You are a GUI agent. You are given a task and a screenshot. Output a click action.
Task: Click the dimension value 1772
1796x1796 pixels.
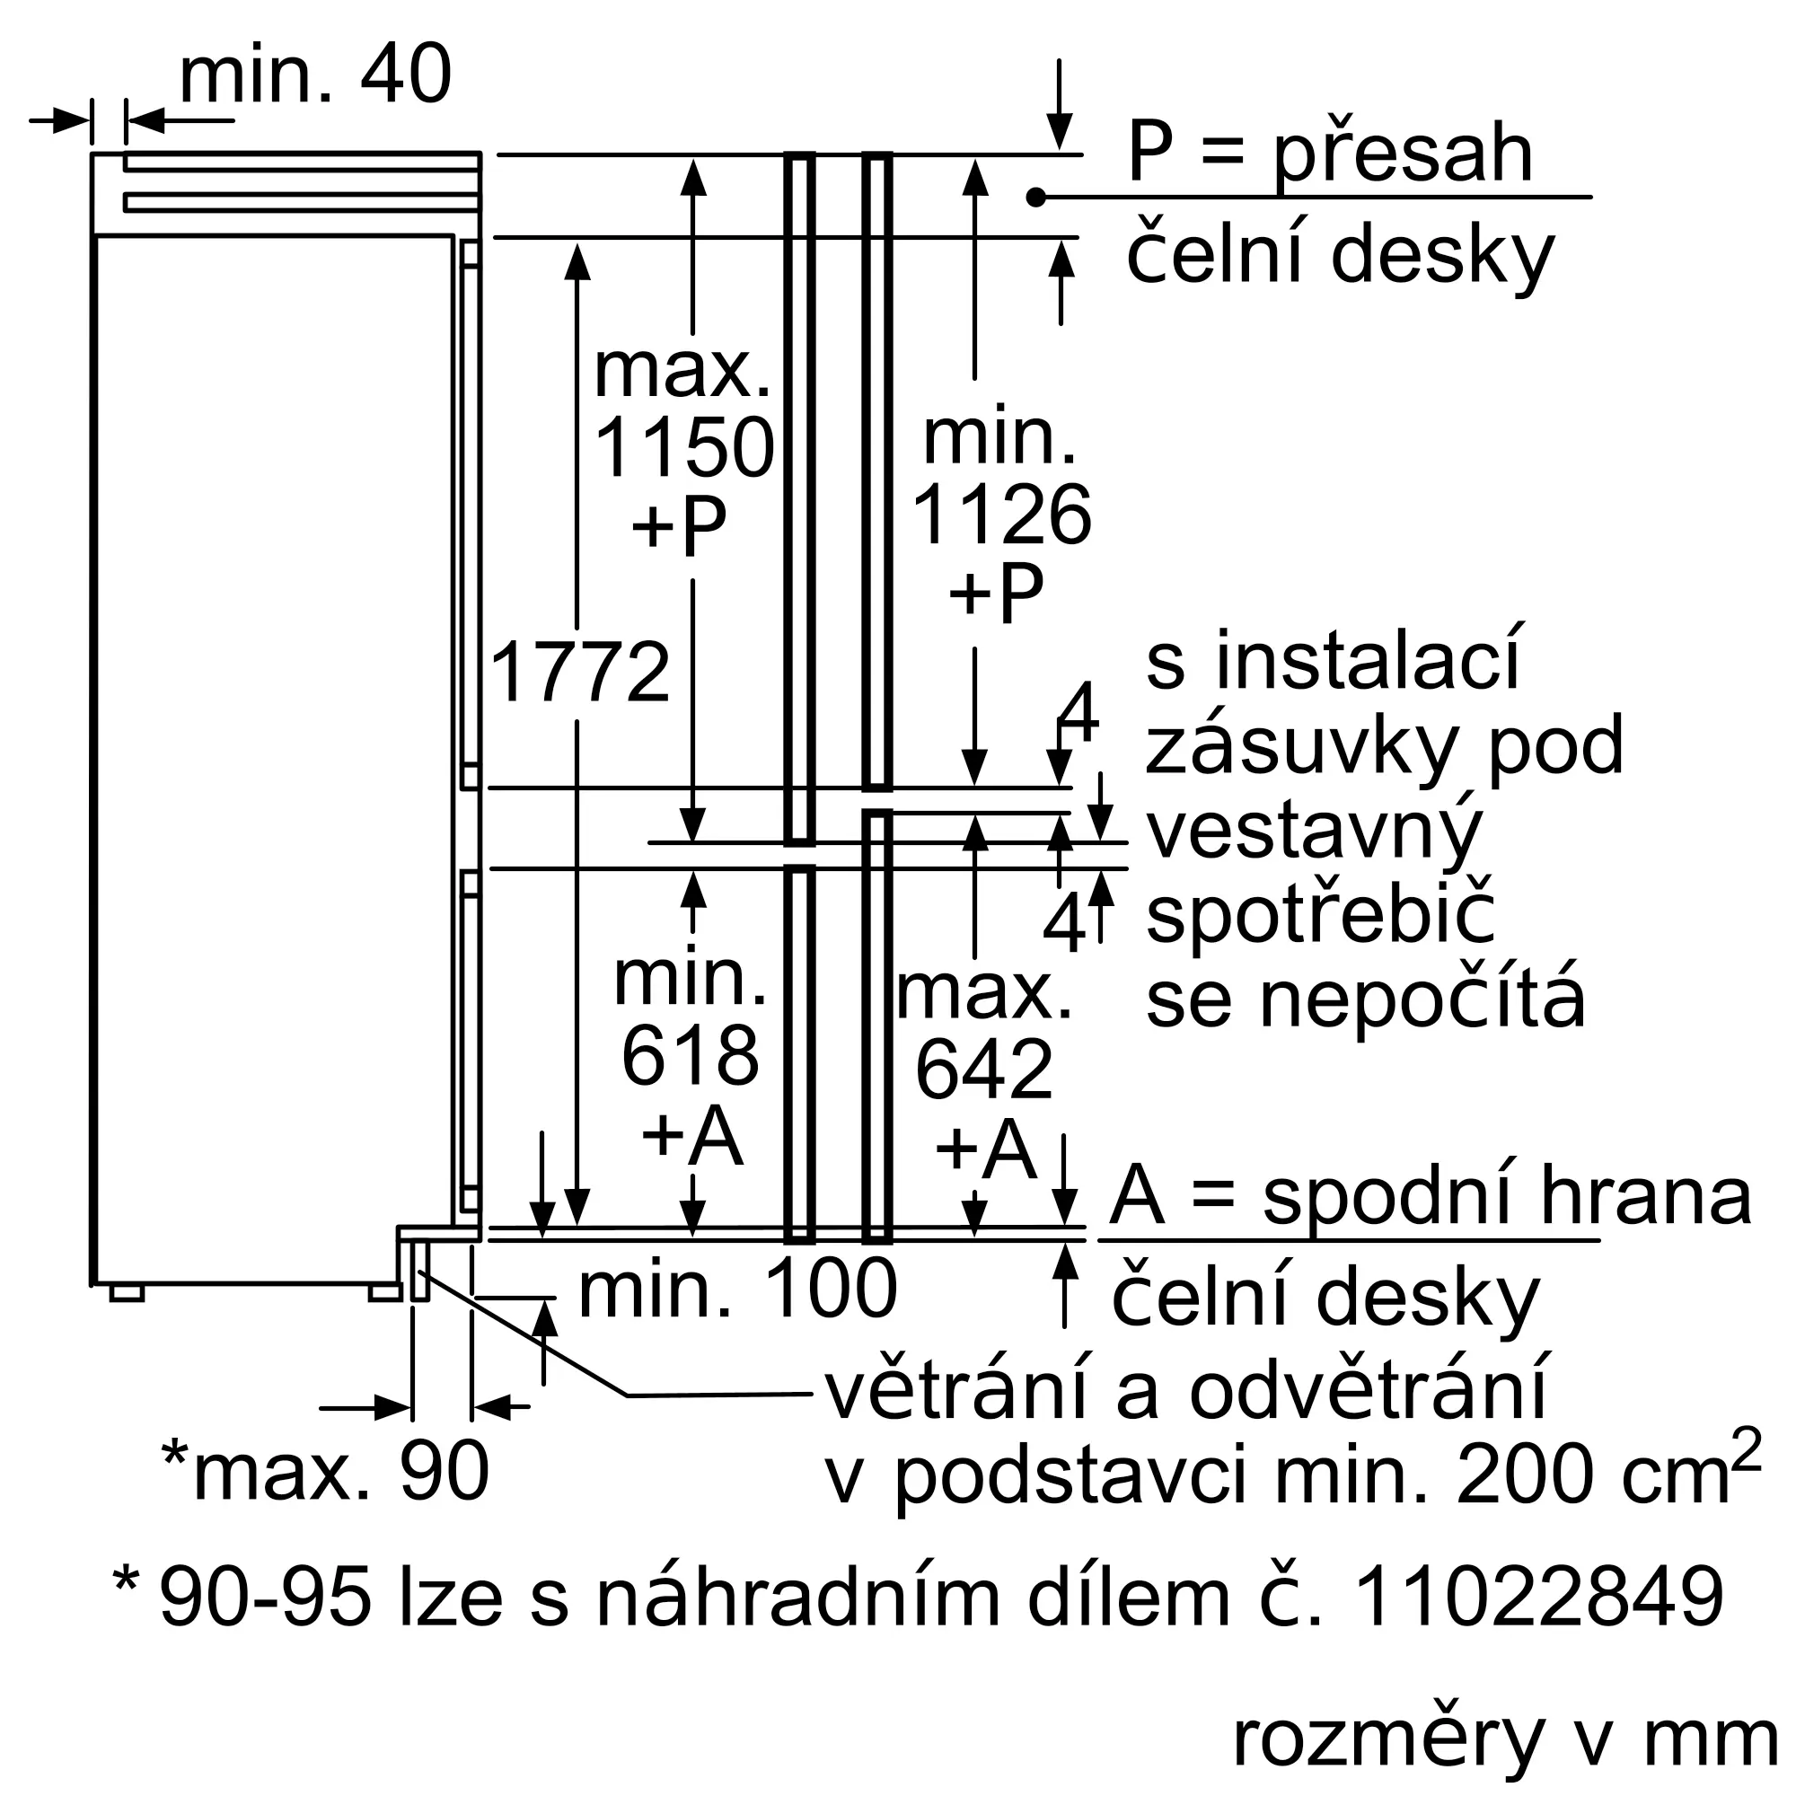point(579,672)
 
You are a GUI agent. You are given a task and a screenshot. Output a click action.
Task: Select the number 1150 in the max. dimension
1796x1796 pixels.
point(683,448)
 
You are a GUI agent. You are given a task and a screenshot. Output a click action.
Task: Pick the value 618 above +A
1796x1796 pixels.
point(690,1056)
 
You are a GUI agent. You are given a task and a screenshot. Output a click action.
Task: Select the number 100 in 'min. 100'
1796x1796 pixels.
point(830,1289)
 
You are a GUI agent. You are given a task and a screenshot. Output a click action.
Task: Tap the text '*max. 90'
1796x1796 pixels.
point(325,1472)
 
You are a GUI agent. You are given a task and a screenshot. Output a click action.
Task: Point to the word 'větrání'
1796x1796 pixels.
point(955,1392)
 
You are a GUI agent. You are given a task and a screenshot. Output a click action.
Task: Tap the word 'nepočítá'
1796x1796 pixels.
point(1422,1001)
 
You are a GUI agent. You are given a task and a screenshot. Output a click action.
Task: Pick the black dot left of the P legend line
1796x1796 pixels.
point(1036,197)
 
